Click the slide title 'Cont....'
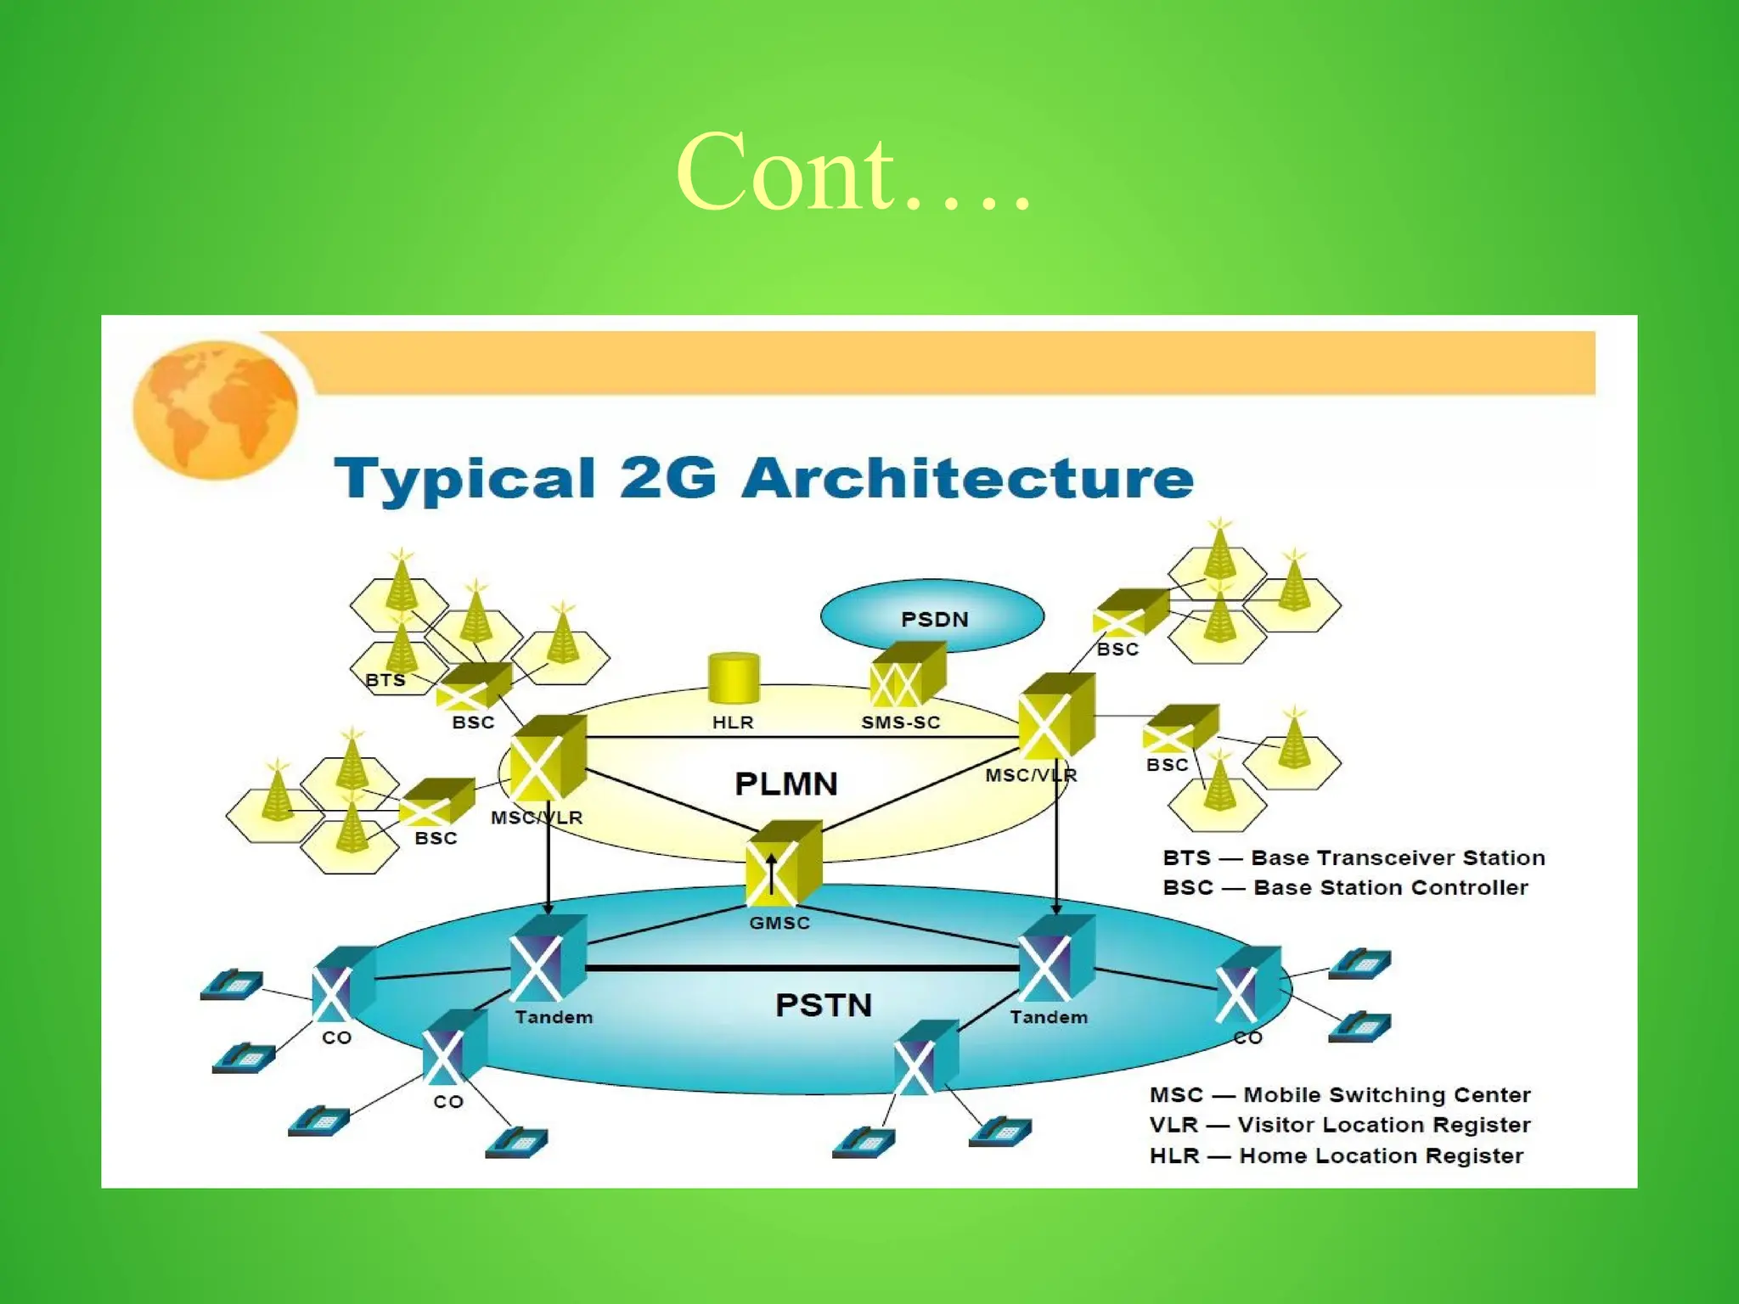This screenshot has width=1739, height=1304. (x=853, y=173)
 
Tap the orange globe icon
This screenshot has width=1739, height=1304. (x=216, y=409)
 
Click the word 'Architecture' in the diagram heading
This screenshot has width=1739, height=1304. (x=968, y=478)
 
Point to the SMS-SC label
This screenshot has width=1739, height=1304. (x=901, y=722)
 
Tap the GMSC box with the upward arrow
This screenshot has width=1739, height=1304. (x=783, y=864)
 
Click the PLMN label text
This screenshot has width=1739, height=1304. (x=785, y=783)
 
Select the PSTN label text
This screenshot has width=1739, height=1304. (x=823, y=1005)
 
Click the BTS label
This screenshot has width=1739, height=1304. (x=386, y=680)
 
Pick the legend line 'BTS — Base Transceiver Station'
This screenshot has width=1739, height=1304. (x=1353, y=857)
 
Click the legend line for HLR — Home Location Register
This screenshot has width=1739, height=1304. (x=1337, y=1155)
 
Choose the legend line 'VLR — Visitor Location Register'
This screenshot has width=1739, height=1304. (x=1340, y=1125)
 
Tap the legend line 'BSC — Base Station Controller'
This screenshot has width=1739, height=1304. (x=1345, y=887)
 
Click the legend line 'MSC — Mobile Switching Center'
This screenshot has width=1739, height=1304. (x=1340, y=1094)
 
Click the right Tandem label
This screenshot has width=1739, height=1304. (x=1049, y=1017)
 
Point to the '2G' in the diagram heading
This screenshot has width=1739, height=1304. (x=667, y=478)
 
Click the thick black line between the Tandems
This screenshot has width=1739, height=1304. (x=802, y=968)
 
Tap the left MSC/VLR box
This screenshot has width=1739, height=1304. (x=547, y=759)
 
